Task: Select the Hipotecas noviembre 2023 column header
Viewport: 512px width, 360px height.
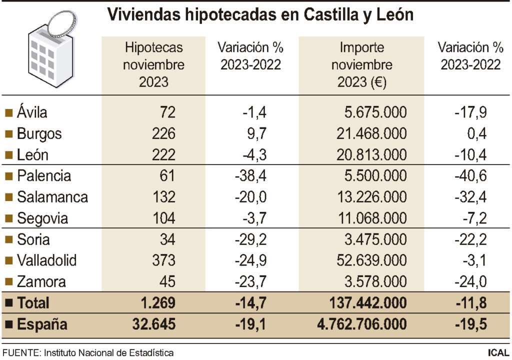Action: [153, 64]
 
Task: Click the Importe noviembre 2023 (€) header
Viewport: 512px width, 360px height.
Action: [361, 64]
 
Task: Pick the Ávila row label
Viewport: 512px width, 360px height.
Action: [32, 112]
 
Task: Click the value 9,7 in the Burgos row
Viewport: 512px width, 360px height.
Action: [257, 133]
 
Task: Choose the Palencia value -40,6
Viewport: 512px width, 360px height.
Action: [470, 176]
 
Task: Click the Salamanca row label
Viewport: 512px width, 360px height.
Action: [52, 197]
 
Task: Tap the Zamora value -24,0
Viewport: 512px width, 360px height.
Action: [470, 281]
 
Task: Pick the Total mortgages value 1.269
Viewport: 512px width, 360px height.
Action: [156, 302]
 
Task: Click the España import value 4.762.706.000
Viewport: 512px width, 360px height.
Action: [361, 324]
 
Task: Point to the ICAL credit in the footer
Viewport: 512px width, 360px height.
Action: [498, 353]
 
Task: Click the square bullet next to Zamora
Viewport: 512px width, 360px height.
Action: [8, 282]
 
